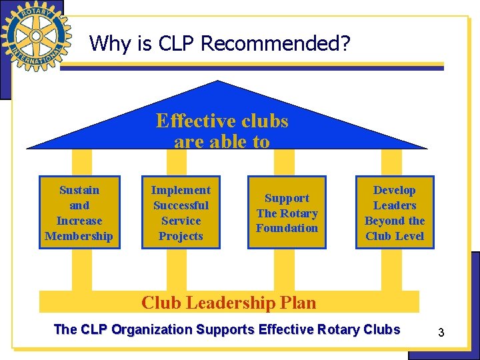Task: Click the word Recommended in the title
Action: (x=275, y=44)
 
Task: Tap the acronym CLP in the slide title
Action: (x=177, y=44)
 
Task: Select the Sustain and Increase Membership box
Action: (x=79, y=213)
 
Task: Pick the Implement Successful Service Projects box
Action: (x=181, y=213)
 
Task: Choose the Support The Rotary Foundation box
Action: (x=287, y=213)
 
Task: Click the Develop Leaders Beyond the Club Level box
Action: (x=395, y=213)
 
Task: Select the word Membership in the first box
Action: (x=79, y=236)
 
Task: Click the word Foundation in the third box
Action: (x=287, y=228)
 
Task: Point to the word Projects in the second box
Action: (x=181, y=236)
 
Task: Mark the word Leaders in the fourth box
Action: (x=395, y=205)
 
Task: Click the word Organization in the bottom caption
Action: (x=151, y=329)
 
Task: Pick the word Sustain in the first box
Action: (x=79, y=190)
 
